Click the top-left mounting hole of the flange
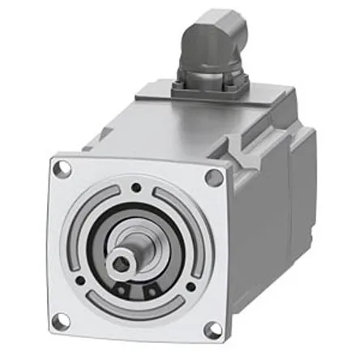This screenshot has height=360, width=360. click(58, 170)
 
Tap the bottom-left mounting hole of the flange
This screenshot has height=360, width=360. click(57, 319)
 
